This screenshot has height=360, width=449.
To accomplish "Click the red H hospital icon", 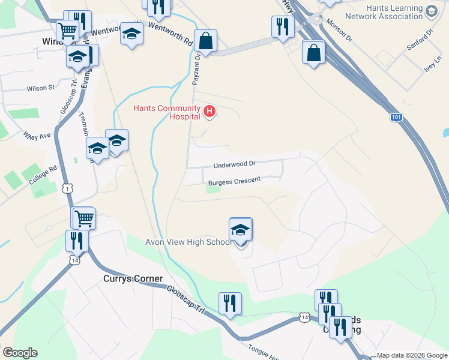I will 209,111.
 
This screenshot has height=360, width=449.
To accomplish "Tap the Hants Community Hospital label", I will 167,112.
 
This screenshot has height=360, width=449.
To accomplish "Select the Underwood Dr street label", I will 235,164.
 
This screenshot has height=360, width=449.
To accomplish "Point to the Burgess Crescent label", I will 234,181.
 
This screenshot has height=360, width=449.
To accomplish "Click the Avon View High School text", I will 188,242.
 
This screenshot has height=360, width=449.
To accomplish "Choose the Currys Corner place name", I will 133,278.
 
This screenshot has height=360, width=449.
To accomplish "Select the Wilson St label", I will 40,88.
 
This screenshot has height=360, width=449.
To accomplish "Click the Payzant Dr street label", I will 195,70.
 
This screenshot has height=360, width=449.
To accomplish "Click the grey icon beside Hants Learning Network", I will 431,11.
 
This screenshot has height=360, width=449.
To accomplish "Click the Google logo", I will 20,353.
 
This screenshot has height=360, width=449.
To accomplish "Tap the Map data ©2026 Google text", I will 411,355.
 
